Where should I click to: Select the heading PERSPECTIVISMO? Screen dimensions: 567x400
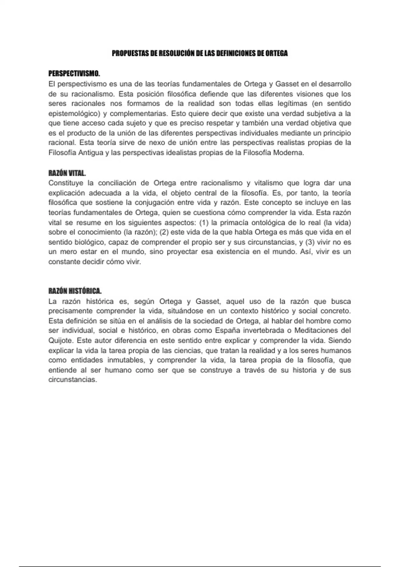74,73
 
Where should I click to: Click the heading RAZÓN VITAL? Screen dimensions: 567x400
67,173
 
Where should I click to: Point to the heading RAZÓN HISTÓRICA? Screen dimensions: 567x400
75,291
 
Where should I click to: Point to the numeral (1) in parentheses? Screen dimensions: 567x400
203,222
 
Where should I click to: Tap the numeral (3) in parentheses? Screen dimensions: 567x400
310,242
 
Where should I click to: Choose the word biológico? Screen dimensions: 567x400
90,242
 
